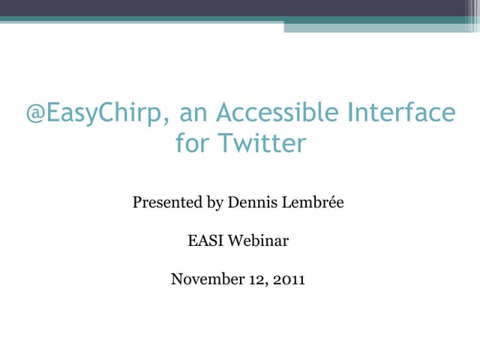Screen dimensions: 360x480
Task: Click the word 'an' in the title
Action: pyautogui.click(x=193, y=113)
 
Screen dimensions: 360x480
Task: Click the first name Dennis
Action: pyautogui.click(x=252, y=202)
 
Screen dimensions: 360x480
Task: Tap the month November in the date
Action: pyautogui.click(x=205, y=280)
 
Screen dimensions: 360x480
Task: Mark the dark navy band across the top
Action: pyautogui.click(x=240, y=7)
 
